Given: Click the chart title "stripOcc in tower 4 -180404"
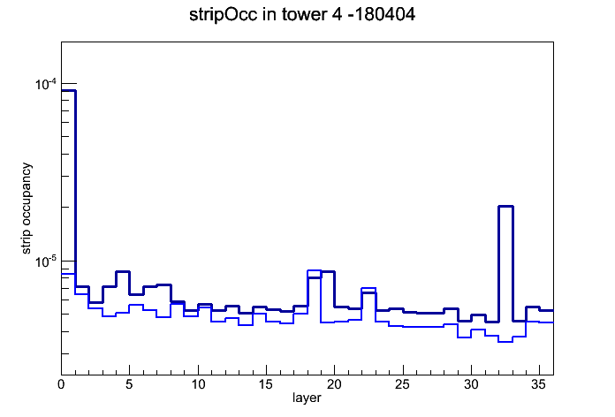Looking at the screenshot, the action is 302,15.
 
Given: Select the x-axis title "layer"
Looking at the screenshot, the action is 307,398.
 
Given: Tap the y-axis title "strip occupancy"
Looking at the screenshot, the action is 27,208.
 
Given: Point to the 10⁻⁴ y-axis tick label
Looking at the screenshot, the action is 46,84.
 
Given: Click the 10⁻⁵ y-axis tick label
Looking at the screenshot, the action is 46,262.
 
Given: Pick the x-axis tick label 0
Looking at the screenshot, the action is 61,384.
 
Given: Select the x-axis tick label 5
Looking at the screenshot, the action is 129,384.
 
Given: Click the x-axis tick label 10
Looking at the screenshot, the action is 198,384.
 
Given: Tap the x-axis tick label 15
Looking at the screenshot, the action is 266,384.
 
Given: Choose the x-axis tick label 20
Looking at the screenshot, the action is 334,384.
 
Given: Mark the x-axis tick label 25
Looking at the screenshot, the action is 402,384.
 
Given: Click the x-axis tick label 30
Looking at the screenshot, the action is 471,384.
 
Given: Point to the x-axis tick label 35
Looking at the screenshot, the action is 539,384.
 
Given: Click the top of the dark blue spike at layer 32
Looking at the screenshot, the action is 505,206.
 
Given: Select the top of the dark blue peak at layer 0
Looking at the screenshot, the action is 68,91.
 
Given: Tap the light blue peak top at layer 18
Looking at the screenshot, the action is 315,270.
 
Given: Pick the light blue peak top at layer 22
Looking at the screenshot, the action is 368,288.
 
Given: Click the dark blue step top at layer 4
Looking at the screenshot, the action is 123,271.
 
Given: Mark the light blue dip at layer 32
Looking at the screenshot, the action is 505,342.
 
